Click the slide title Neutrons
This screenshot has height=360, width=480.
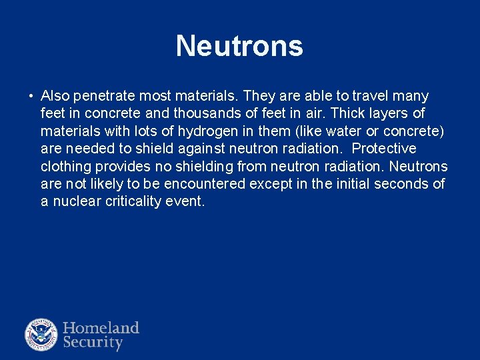[239, 46]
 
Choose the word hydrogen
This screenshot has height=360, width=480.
[208, 131]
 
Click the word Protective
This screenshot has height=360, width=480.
[384, 148]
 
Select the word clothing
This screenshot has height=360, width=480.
[65, 166]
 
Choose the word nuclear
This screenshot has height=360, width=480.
[76, 201]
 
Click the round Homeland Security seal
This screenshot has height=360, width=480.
[41, 335]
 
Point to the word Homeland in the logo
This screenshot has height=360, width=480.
[101, 328]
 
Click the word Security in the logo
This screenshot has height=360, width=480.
[93, 343]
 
